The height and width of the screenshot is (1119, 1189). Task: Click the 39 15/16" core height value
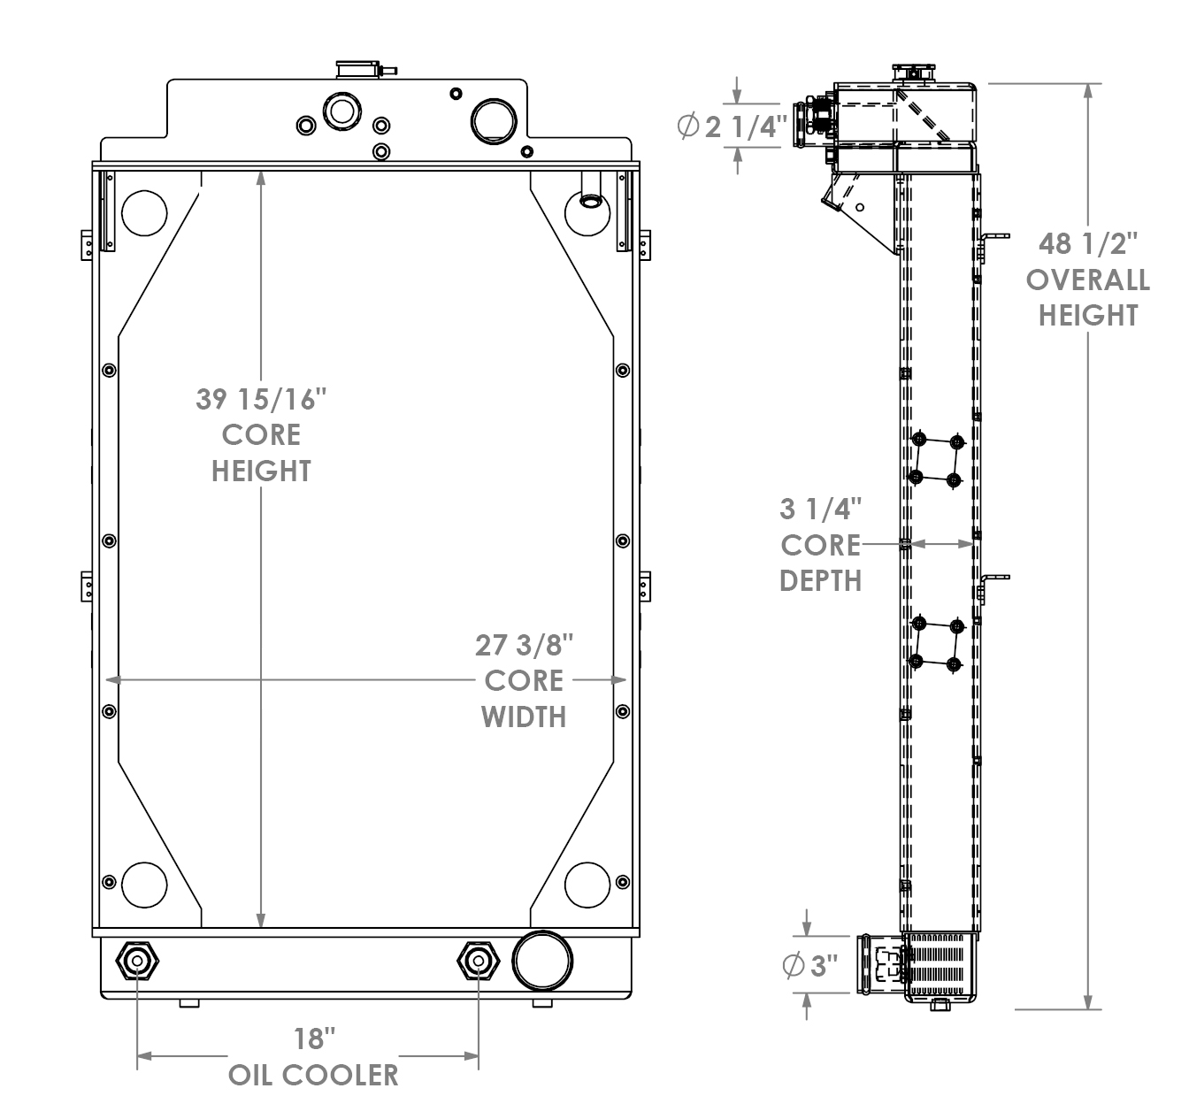tap(261, 399)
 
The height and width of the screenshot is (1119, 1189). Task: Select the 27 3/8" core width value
tap(524, 645)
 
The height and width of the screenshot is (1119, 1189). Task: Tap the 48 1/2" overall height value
tap(1087, 243)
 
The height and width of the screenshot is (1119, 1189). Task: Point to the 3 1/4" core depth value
tap(820, 509)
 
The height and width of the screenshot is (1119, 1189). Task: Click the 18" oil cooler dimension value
tap(314, 1038)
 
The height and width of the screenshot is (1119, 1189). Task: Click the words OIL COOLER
tap(313, 1075)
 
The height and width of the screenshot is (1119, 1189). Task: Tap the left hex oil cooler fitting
tap(137, 962)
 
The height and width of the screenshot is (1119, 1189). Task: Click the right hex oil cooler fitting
tap(478, 962)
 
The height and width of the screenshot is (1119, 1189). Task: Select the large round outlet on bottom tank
tap(541, 961)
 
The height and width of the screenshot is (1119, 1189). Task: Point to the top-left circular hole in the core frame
tap(144, 212)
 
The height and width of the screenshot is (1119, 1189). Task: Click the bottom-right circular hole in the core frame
tap(587, 883)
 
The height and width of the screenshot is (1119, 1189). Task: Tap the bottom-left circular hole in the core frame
tap(144, 883)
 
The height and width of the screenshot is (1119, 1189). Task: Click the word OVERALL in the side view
tap(1087, 280)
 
